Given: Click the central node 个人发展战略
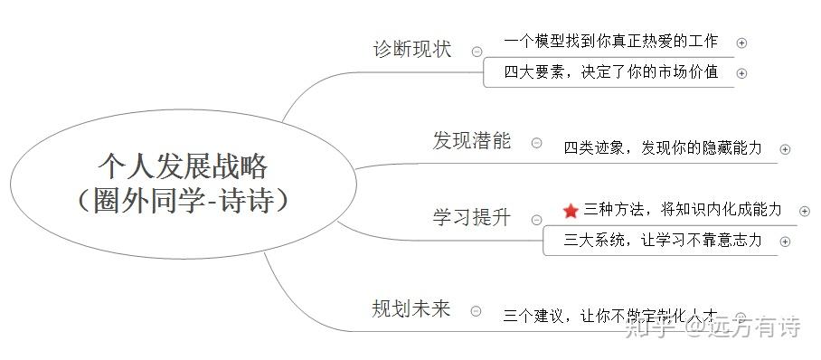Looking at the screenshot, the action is (183, 181).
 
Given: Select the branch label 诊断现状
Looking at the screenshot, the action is (411, 50).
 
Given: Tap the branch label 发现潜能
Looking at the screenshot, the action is (471, 141).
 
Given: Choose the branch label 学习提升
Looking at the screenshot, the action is (471, 218).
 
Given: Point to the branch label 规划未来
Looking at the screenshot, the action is (410, 309).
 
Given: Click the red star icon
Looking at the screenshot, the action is (570, 211).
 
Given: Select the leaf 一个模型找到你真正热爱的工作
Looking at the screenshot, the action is (611, 41).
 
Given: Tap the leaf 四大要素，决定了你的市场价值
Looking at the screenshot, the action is (611, 72).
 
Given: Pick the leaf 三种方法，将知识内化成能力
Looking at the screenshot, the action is (682, 210).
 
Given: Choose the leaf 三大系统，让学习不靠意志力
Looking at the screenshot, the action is (662, 241).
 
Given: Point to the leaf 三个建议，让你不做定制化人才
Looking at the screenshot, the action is (611, 317).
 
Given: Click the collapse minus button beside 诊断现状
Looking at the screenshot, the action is (477, 51).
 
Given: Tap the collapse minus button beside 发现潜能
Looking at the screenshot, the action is (537, 142).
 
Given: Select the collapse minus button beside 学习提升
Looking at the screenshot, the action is (537, 219).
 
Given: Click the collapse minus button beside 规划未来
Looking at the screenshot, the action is (477, 310).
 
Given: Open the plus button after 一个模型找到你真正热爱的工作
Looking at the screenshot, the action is (741, 42).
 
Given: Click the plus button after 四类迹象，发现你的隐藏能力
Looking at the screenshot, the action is (785, 149).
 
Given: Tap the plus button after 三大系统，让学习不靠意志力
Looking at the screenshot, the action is (785, 242).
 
